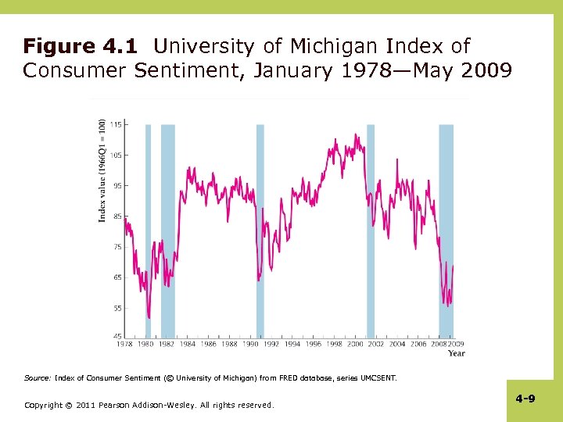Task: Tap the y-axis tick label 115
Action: pos(115,125)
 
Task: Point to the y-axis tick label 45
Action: pos(116,337)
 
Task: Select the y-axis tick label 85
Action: pos(116,216)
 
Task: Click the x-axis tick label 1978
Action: pos(124,344)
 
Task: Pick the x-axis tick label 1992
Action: pos(271,344)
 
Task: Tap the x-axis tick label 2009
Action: pos(456,344)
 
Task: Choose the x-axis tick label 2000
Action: pos(355,344)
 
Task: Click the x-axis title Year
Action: pos(456,353)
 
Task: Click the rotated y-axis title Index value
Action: pos(102,170)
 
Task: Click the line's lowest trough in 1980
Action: pos(149,316)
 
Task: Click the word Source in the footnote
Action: pos(38,378)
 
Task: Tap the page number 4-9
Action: pos(525,399)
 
